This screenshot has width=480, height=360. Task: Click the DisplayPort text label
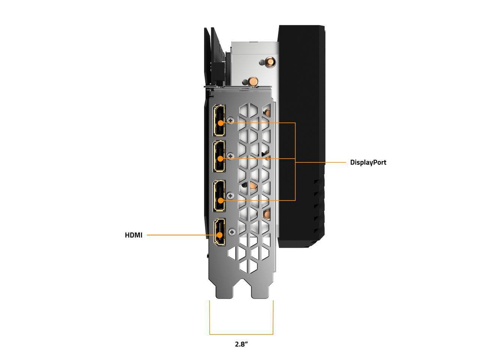pos(368,162)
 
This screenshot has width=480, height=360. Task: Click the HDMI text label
pos(133,235)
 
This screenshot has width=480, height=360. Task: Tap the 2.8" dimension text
pos(241,344)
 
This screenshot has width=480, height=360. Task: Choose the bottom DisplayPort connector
pos(219,196)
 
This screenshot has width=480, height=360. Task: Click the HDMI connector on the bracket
pos(219,233)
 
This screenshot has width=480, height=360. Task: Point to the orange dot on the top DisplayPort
pos(220,123)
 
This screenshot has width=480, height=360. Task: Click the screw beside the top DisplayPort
pos(231,120)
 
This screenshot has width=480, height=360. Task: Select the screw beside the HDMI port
pos(232,231)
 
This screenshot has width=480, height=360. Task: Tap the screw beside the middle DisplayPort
pos(231,156)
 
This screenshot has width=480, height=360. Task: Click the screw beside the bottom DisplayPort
pos(231,195)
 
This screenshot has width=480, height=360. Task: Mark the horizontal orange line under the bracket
pos(241,334)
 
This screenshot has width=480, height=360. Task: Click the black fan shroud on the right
pos(300,131)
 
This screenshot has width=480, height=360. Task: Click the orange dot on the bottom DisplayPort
pos(220,200)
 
